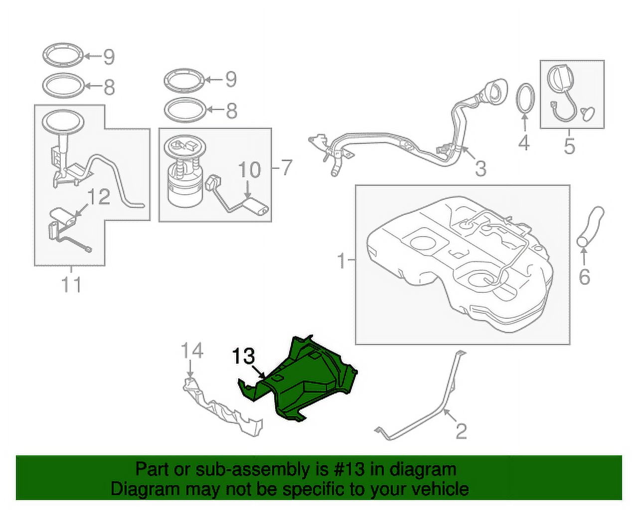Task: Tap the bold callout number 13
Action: click(244, 357)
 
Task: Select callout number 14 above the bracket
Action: click(192, 351)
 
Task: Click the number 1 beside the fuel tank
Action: click(341, 260)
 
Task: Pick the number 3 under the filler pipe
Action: click(480, 169)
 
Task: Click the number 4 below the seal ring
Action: click(523, 143)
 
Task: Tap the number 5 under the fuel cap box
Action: click(569, 146)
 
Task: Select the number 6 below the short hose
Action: click(584, 276)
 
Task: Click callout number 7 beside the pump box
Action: click(285, 168)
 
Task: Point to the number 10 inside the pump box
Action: click(249, 170)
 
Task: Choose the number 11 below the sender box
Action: click(71, 285)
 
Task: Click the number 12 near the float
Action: click(98, 197)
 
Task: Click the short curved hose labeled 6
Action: click(591, 226)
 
